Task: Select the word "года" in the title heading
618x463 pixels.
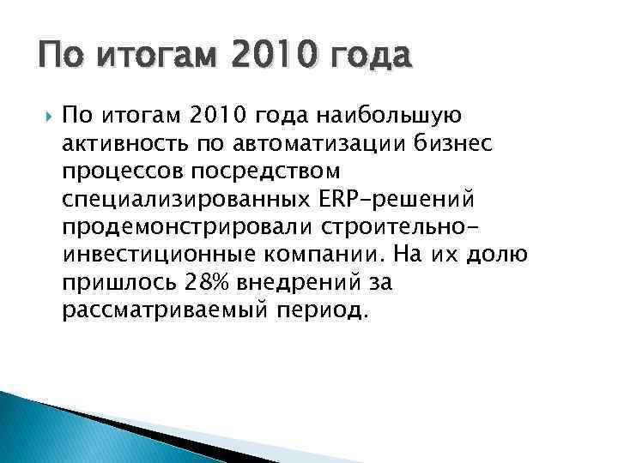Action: tap(371, 59)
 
